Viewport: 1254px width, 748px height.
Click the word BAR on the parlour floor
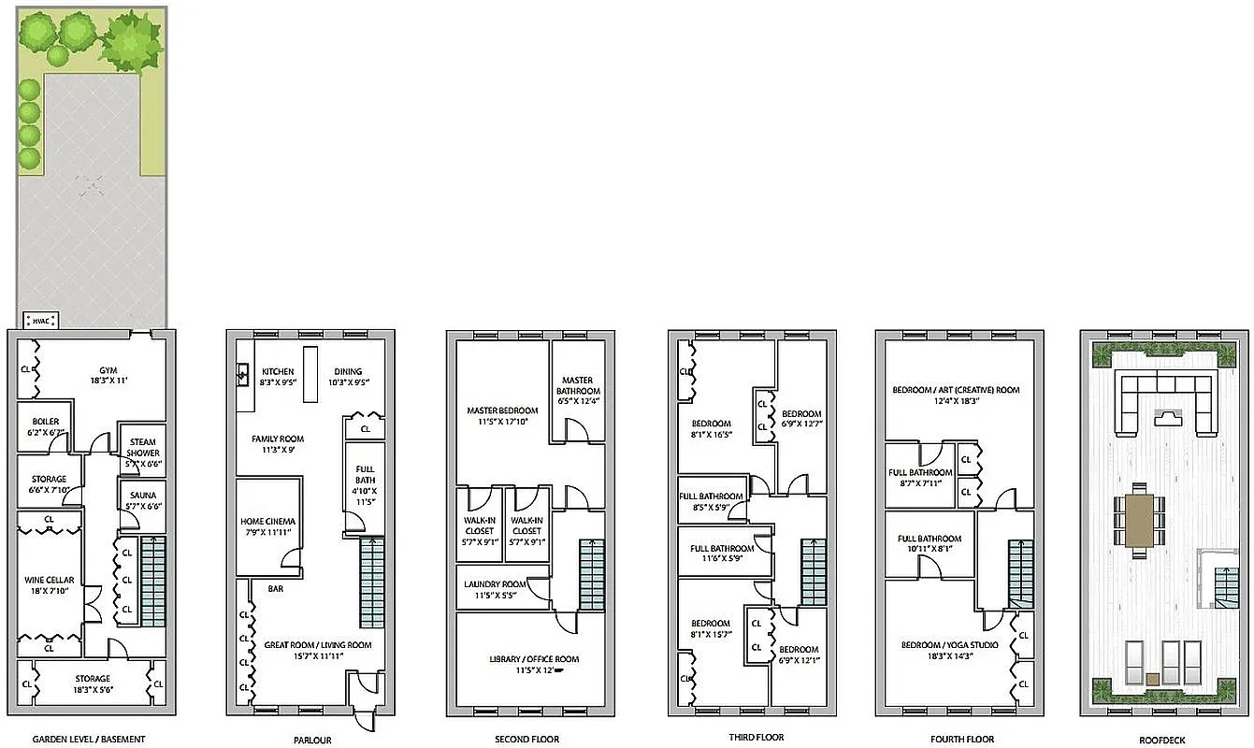(x=276, y=590)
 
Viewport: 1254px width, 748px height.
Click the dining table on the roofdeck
(x=1138, y=521)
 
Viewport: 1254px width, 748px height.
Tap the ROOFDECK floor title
(x=1163, y=740)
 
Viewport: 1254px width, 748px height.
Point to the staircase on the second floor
(x=592, y=575)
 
